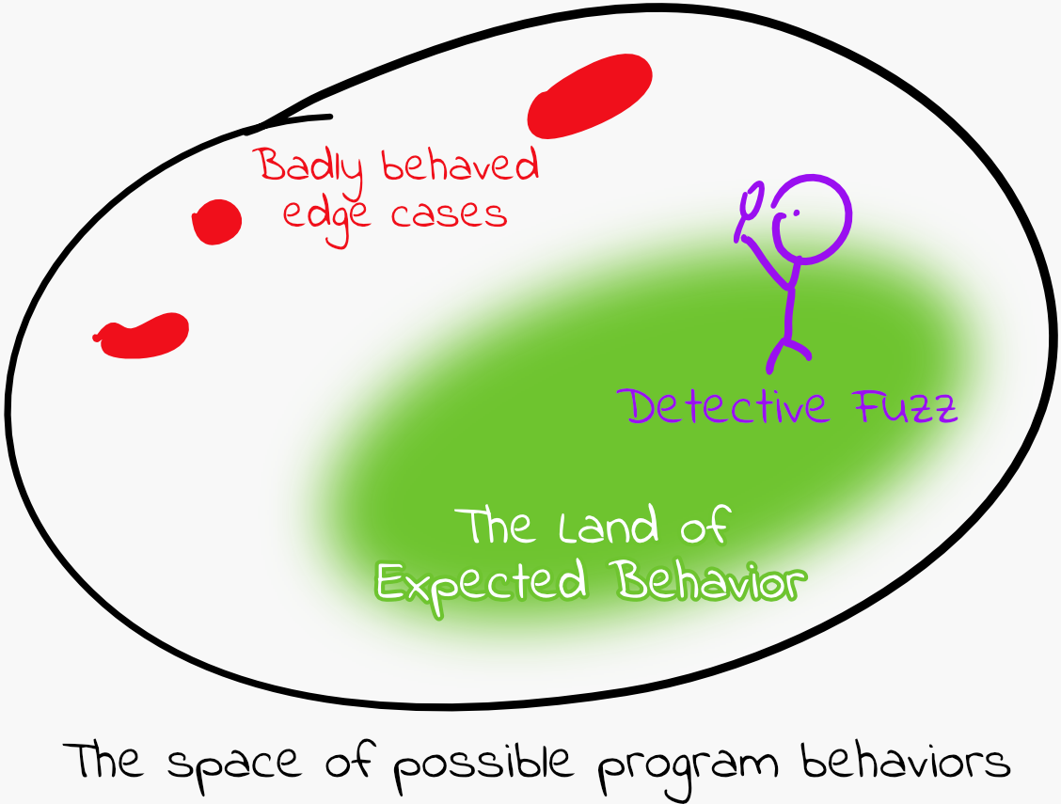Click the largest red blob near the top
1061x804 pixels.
(x=590, y=96)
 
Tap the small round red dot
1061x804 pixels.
(x=216, y=222)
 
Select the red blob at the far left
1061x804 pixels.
(x=142, y=336)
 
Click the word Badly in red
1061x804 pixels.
(x=310, y=166)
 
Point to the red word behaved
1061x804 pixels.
(x=460, y=165)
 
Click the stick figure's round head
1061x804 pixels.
(x=811, y=218)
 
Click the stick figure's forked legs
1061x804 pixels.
(x=787, y=354)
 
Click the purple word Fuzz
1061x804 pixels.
(x=906, y=406)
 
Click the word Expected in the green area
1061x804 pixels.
(x=481, y=583)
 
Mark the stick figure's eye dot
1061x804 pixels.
(x=797, y=213)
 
